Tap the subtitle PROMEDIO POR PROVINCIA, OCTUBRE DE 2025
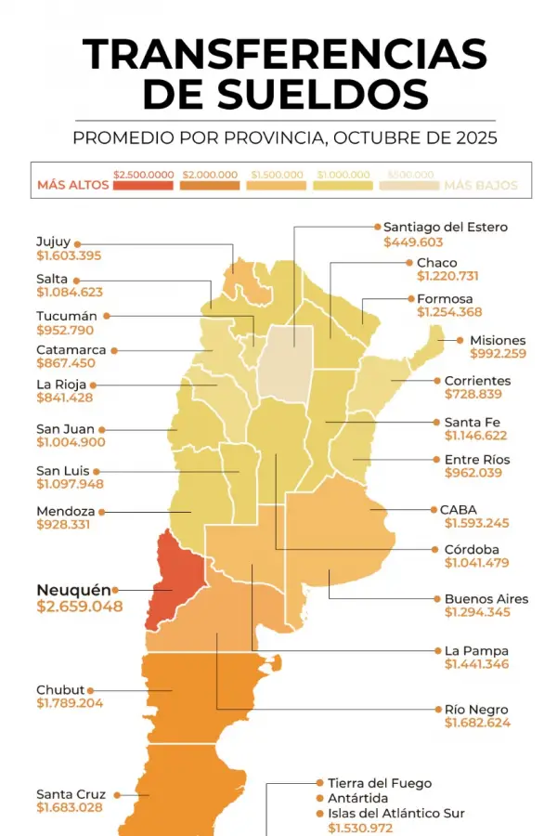pyautogui.click(x=284, y=138)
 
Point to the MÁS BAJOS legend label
pyautogui.click(x=480, y=185)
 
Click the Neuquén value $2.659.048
pyautogui.click(x=79, y=607)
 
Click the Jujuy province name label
pyautogui.click(x=53, y=242)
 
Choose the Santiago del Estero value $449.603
pyautogui.click(x=413, y=242)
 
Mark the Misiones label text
pyautogui.click(x=498, y=340)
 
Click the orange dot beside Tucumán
pyautogui.click(x=107, y=316)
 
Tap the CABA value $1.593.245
pyautogui.click(x=476, y=523)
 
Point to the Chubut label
pyautogui.click(x=60, y=689)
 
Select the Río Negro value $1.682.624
pyautogui.click(x=476, y=723)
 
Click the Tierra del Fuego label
pyautogui.click(x=380, y=783)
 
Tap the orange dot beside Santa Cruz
pyautogui.click(x=115, y=794)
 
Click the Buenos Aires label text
pyautogui.click(x=486, y=598)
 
